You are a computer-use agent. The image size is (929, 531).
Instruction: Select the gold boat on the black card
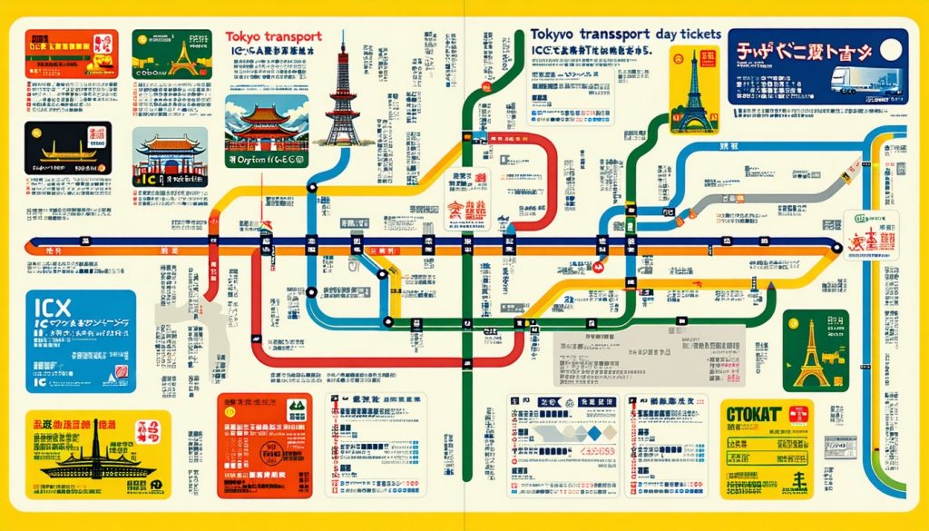tap(54, 148)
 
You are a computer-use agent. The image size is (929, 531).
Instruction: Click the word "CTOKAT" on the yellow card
tap(754, 415)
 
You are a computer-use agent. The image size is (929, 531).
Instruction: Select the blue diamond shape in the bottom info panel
tap(593, 433)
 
